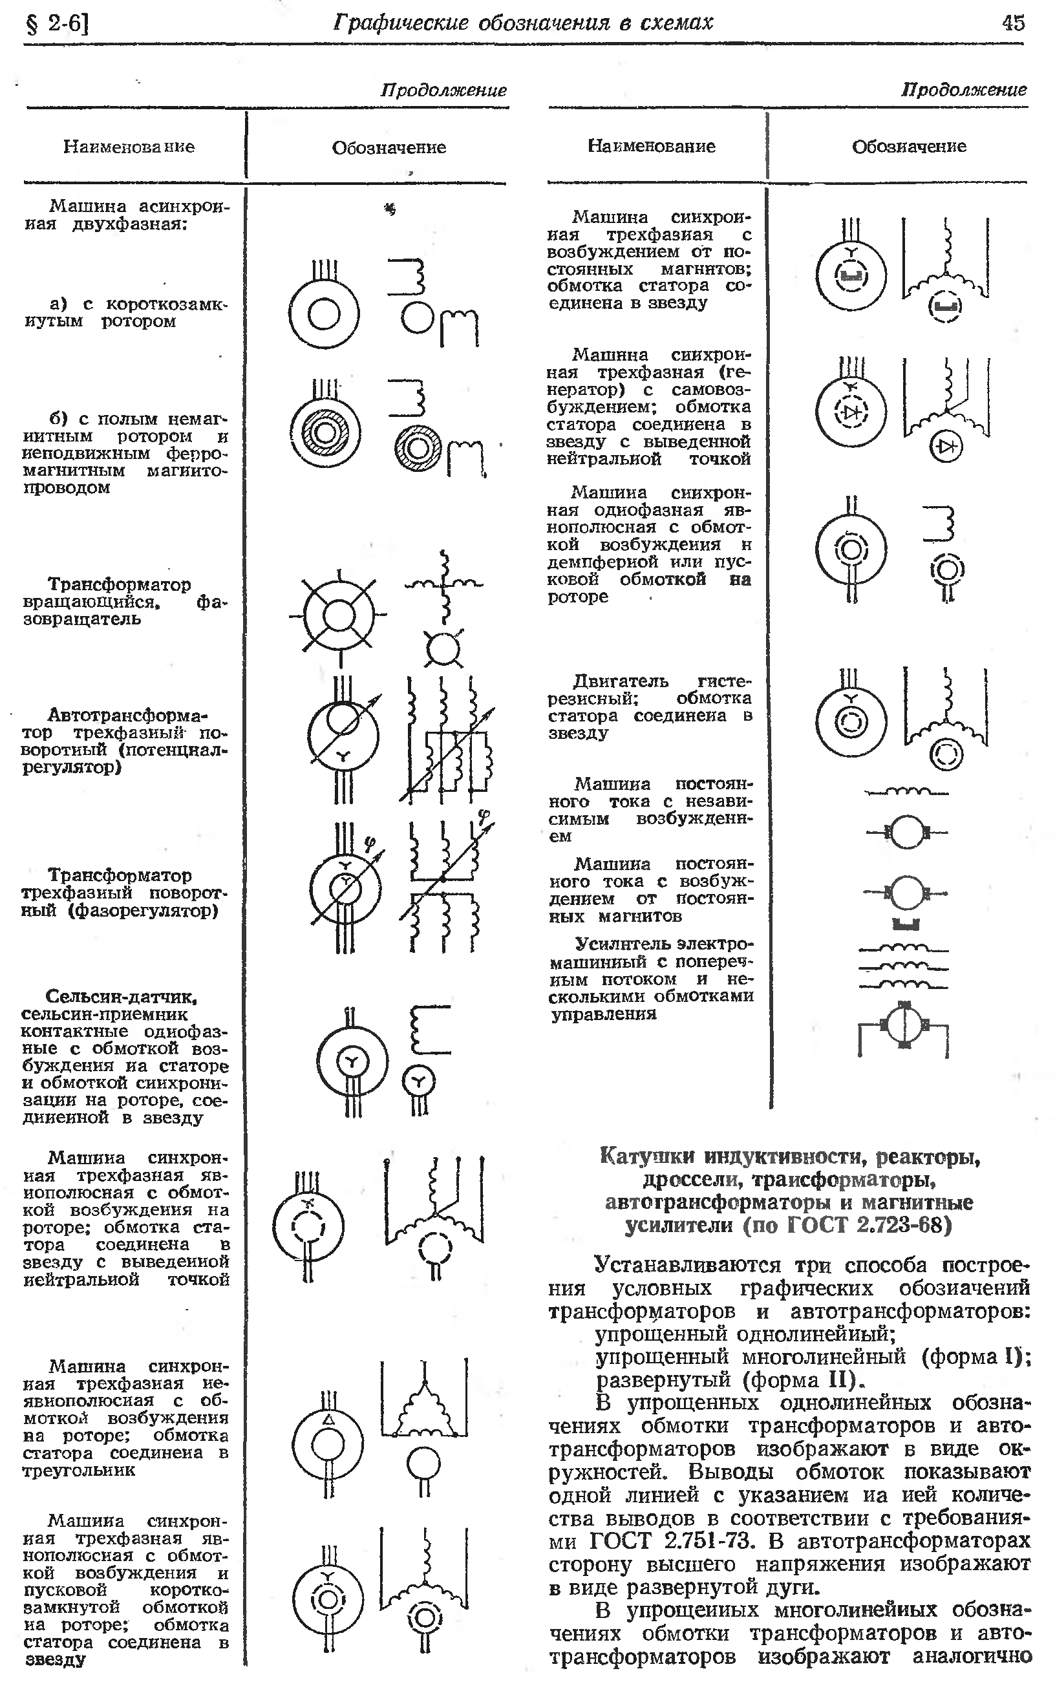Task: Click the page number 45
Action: (x=1013, y=23)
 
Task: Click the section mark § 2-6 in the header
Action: (x=58, y=25)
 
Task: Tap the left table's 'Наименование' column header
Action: (x=129, y=147)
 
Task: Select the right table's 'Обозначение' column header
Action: (x=908, y=147)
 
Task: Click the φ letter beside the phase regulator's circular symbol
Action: (x=370, y=844)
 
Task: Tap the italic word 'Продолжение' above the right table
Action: (x=964, y=89)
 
